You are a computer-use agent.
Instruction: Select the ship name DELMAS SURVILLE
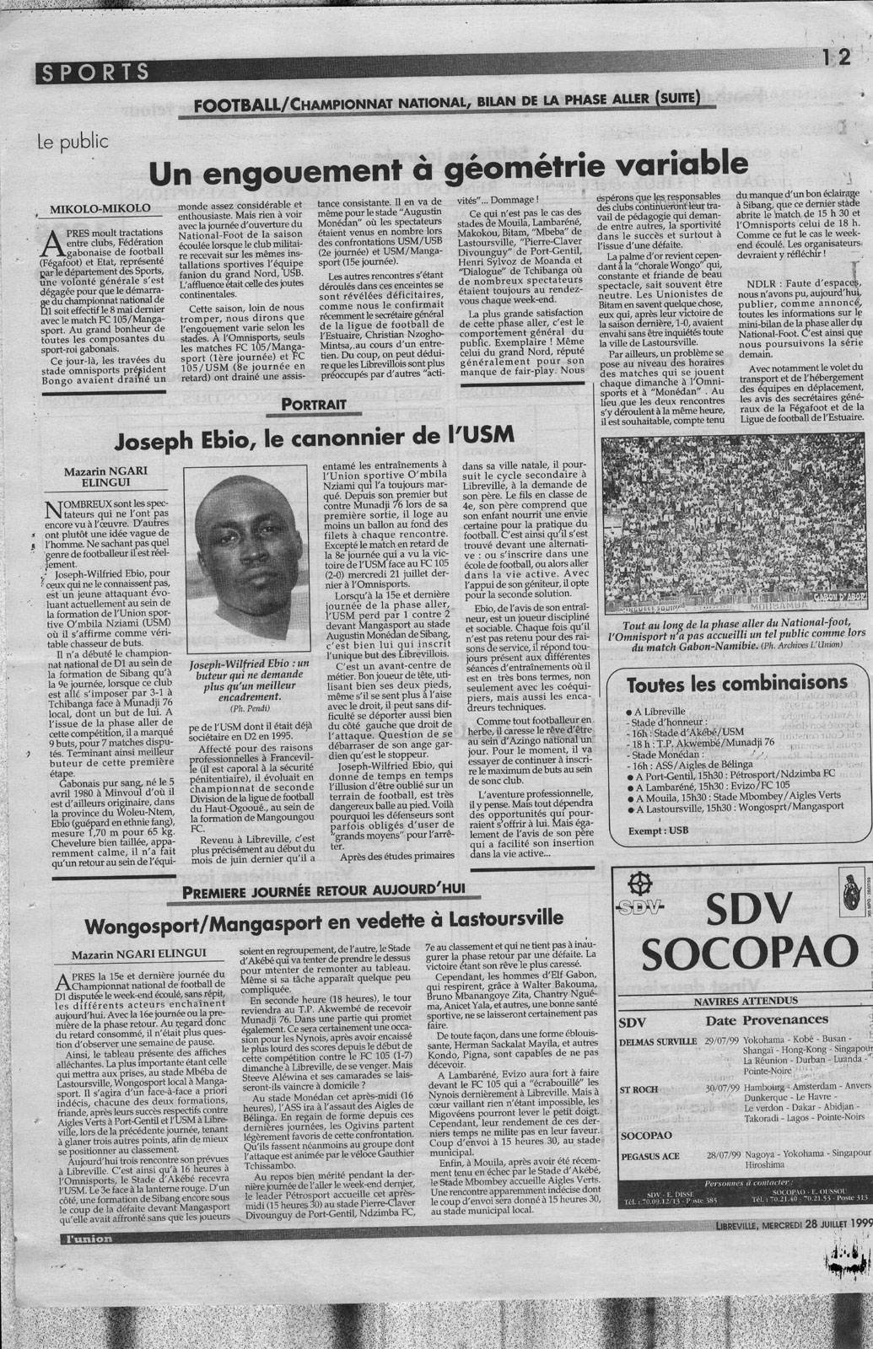coord(658,1041)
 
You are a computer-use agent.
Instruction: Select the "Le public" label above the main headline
coord(73,141)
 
